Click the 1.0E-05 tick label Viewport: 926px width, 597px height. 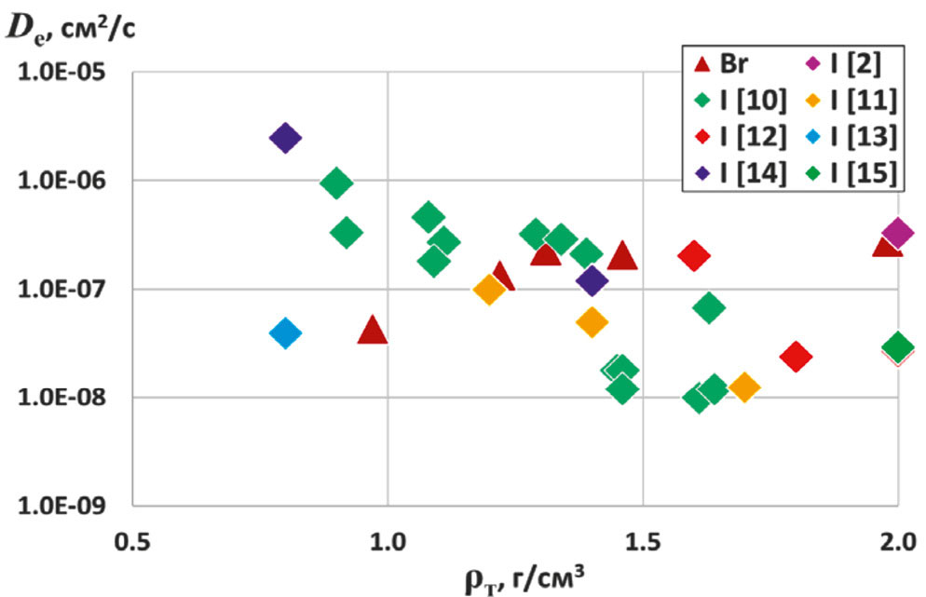coord(61,74)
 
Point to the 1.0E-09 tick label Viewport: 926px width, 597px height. coord(61,507)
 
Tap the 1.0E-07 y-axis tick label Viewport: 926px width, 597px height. coord(61,290)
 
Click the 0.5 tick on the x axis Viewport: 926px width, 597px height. coord(132,540)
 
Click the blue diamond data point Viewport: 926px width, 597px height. coord(285,332)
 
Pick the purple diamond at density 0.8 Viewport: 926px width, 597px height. coord(285,139)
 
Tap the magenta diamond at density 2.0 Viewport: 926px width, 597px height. coord(897,233)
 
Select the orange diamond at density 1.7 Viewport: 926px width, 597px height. coord(743,387)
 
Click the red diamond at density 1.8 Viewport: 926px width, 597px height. coord(795,356)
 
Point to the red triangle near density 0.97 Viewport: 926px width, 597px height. coord(373,330)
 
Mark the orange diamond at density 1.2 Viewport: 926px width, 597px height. coord(489,290)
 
